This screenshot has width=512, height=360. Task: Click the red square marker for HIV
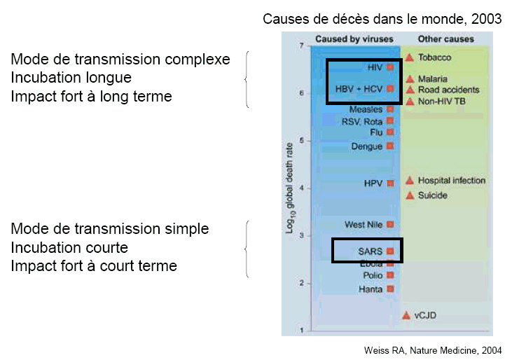click(x=390, y=68)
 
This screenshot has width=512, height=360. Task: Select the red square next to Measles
click(x=390, y=109)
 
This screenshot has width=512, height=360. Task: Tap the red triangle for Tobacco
click(x=409, y=57)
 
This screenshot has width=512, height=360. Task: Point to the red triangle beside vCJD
click(x=406, y=315)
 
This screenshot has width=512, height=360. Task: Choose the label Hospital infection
click(x=451, y=181)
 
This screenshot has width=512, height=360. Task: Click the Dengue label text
click(x=367, y=146)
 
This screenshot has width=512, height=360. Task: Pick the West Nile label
click(x=364, y=225)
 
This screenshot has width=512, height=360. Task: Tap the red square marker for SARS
click(x=390, y=251)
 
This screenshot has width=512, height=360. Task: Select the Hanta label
click(x=370, y=289)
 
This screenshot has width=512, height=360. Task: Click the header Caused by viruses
click(x=354, y=39)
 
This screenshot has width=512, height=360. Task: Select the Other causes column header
click(x=445, y=39)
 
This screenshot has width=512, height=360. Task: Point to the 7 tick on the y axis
click(x=300, y=46)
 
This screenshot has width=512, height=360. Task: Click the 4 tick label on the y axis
click(x=300, y=188)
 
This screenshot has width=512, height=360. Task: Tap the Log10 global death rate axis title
click(x=289, y=189)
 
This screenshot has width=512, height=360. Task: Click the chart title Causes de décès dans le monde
click(x=382, y=19)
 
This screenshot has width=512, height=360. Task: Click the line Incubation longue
click(x=71, y=77)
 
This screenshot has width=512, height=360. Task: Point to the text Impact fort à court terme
click(x=94, y=266)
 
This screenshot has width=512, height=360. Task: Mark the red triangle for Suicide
click(x=409, y=195)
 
